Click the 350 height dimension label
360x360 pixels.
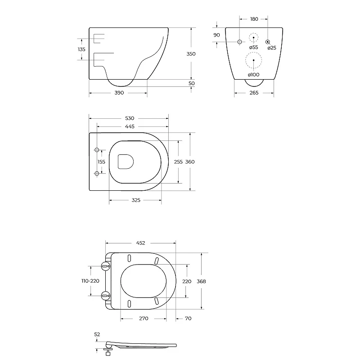[x=191, y=54]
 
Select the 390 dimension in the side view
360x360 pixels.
[x=119, y=93]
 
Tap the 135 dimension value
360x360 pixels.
[x=81, y=49]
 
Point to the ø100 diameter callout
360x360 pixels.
[x=253, y=75]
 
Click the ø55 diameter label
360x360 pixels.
[x=253, y=47]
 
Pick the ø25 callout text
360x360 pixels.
[x=272, y=48]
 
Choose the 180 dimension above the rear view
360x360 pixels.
[x=254, y=19]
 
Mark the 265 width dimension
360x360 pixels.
[x=254, y=93]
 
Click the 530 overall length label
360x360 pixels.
[x=130, y=118]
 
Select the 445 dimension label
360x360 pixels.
[x=130, y=126]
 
